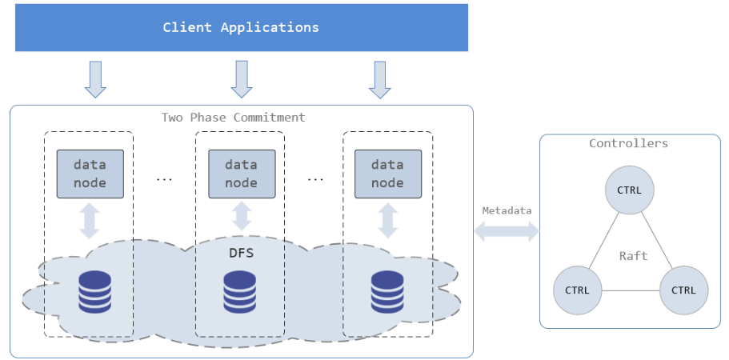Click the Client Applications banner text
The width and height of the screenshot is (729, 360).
[x=241, y=27]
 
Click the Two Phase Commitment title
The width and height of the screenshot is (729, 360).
[x=233, y=118]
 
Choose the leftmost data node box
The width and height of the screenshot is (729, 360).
[x=90, y=174]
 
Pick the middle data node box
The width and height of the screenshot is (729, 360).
[x=241, y=174]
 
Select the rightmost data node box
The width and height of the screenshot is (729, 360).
[x=387, y=174]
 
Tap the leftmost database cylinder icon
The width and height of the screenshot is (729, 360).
[x=94, y=291]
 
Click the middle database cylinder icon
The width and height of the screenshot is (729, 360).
[x=240, y=291]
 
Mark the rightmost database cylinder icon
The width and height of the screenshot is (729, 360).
[x=387, y=291]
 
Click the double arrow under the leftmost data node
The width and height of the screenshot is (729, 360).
[x=90, y=221]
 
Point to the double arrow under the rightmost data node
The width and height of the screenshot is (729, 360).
[x=388, y=221]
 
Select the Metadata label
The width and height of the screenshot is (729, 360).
[x=507, y=210]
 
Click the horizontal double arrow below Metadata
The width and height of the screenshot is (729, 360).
[x=507, y=231]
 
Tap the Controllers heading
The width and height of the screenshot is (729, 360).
[x=628, y=144]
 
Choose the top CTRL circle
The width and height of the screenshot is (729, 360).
[x=630, y=190]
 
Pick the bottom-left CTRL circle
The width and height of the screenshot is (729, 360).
[x=577, y=290]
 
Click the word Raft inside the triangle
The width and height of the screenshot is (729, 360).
[x=633, y=257]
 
